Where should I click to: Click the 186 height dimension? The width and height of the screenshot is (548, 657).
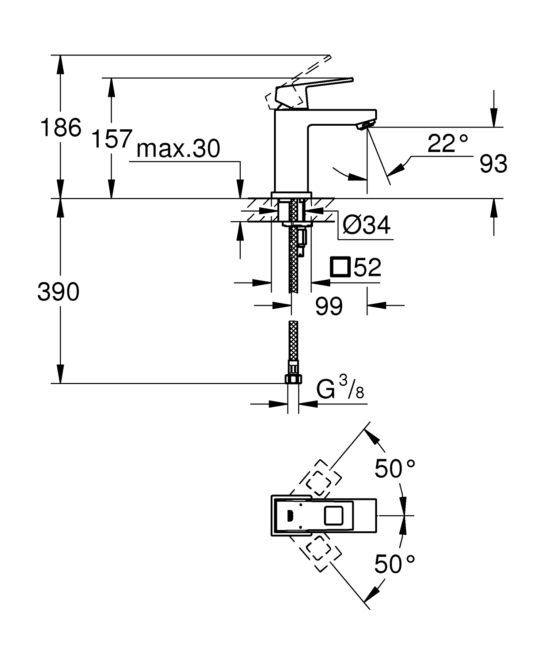pos(61,128)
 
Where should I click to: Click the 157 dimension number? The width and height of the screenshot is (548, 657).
pos(111,139)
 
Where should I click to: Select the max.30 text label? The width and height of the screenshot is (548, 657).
pos(178,149)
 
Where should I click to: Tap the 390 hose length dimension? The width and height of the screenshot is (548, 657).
pos(58,292)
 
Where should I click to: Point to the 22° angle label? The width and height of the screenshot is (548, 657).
pos(447,144)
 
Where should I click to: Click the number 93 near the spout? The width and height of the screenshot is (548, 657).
pos(493,164)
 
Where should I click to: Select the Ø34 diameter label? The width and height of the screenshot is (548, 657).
pos(366,225)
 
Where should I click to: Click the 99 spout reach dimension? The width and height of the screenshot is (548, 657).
pos(329,306)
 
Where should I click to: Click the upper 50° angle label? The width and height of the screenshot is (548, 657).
pos(395,469)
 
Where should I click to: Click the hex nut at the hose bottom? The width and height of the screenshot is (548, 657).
pos(293,379)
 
